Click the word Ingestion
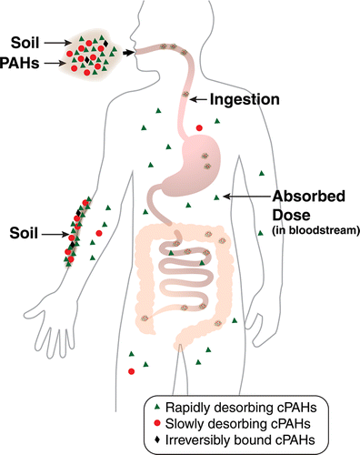[245, 97]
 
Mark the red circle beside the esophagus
[199, 127]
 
